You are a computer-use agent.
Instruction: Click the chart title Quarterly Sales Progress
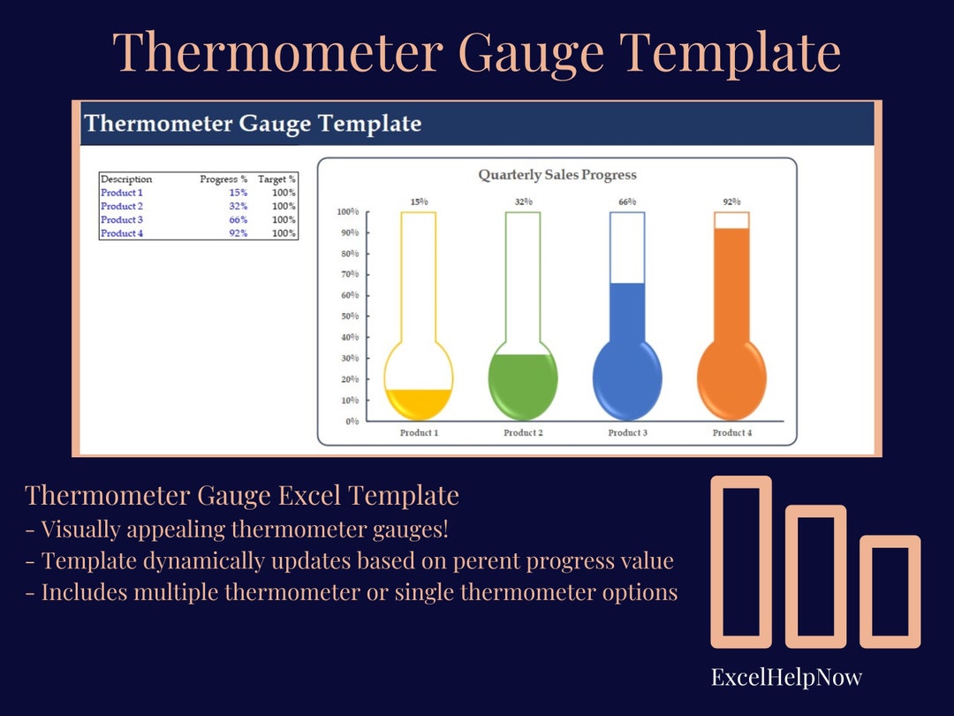point(557,175)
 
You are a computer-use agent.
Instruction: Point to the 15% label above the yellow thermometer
point(419,202)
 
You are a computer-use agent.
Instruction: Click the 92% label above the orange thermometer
point(731,202)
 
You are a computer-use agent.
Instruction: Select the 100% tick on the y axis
point(347,212)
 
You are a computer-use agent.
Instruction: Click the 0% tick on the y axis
point(352,422)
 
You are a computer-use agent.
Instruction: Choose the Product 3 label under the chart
point(627,433)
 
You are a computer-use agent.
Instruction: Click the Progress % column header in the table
point(223,179)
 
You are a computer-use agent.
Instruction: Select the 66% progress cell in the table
point(237,220)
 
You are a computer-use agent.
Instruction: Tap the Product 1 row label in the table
point(122,193)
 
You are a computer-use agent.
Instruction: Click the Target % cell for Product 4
point(284,233)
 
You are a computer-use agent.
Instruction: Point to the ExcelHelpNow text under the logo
point(786,678)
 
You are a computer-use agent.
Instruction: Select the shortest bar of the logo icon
point(890,590)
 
